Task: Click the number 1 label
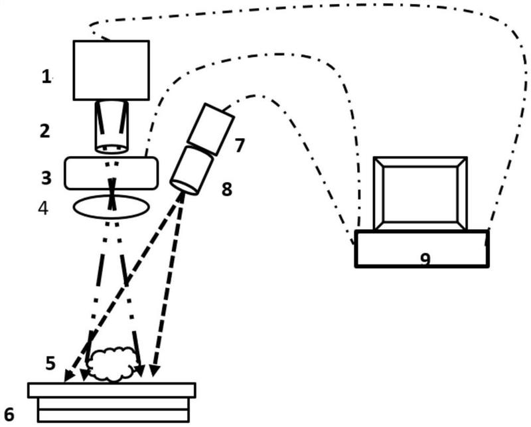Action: click(46, 77)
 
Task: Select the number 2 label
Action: click(44, 130)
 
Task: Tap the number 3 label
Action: click(46, 177)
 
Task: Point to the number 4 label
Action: click(43, 208)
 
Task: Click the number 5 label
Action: click(50, 363)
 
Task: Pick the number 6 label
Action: click(9, 415)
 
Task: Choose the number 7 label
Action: click(240, 145)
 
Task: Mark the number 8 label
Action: click(227, 189)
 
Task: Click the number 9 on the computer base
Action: click(425, 258)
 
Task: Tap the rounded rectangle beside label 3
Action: click(111, 173)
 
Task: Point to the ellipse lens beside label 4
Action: click(111, 207)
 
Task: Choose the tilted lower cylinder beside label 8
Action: click(191, 170)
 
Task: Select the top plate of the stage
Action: click(112, 390)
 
